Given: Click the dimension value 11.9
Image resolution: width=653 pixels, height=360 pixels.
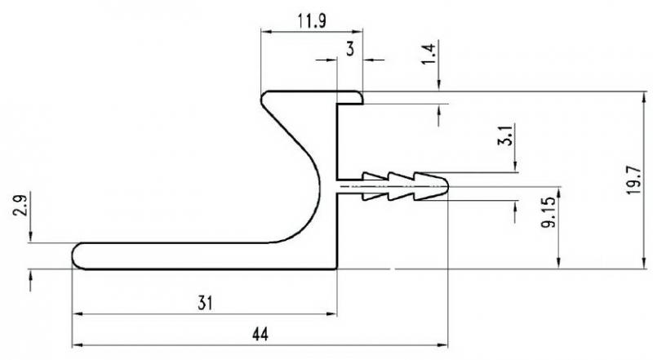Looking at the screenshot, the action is [x=312, y=20].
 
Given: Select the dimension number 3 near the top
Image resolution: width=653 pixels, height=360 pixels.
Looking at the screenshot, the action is [x=350, y=49].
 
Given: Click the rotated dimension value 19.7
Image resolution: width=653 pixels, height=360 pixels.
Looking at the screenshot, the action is [x=633, y=180].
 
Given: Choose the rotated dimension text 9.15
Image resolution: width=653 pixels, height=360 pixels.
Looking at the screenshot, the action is [x=549, y=212].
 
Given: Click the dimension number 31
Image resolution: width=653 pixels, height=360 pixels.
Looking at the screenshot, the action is [x=206, y=303].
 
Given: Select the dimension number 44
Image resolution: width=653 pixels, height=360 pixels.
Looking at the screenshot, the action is [x=260, y=334].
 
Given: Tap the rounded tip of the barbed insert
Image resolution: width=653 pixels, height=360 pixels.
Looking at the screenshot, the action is [x=447, y=186].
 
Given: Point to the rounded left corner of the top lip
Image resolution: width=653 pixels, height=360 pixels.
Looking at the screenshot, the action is [x=262, y=98].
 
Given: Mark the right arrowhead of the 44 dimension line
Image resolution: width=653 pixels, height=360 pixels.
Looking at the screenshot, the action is [x=442, y=345].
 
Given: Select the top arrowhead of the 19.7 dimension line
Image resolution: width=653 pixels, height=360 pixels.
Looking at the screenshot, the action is [x=644, y=97].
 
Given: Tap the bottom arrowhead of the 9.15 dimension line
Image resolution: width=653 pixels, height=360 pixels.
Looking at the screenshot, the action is [x=559, y=263].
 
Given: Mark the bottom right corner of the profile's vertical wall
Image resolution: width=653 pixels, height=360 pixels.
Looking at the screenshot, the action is [x=336, y=269].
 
